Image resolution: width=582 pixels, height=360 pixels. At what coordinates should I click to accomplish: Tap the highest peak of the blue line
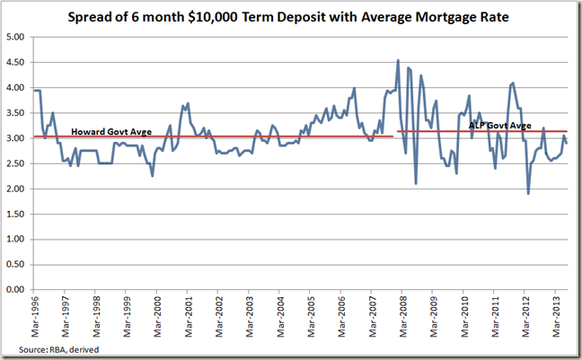click(398, 61)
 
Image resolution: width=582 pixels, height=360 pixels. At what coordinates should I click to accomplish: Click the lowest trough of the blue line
click(528, 194)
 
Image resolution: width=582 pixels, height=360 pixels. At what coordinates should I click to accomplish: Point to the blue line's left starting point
click(33, 91)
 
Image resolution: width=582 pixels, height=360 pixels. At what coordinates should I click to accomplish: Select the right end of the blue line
click(567, 144)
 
